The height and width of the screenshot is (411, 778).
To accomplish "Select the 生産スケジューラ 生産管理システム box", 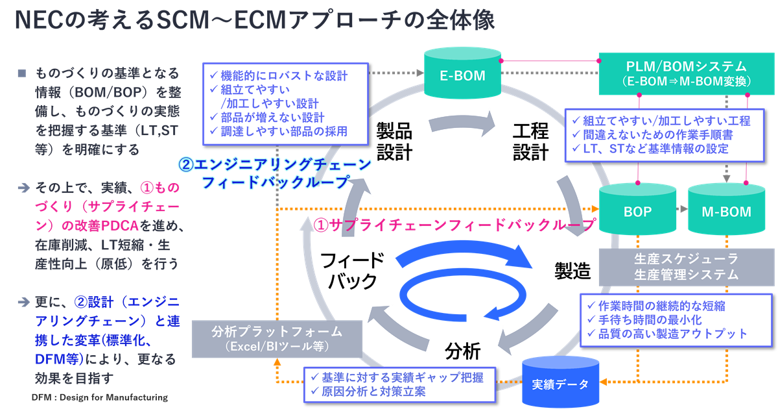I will click(686, 266).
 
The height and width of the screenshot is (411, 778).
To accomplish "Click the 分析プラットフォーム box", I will click(277, 338).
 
